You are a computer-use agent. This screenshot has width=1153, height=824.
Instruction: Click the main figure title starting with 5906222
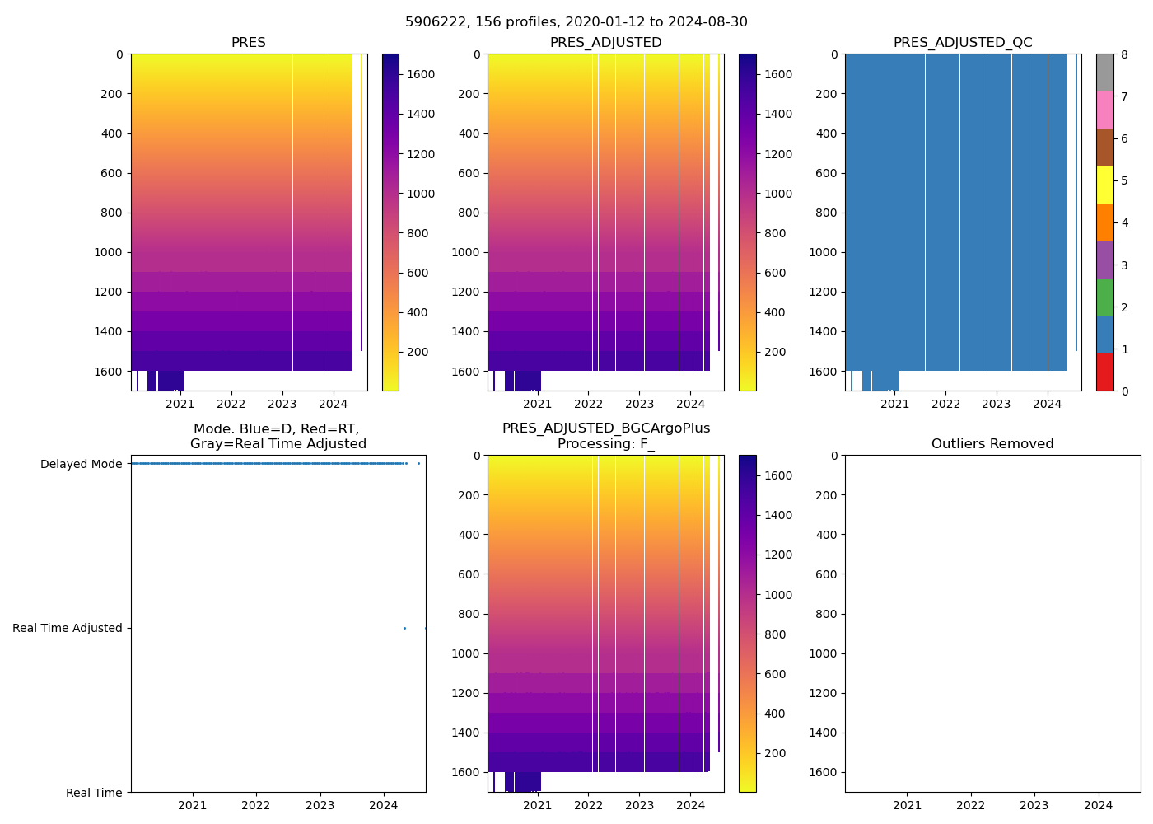(x=576, y=22)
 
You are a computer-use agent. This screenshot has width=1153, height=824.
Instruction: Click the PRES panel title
(x=248, y=43)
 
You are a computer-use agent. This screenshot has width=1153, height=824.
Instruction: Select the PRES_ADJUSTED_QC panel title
(x=963, y=43)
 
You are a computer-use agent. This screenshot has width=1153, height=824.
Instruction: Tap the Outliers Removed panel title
(x=992, y=444)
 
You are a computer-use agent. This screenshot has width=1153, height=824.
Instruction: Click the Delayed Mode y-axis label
(x=81, y=464)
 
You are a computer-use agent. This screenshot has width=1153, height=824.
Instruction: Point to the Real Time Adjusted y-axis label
(x=68, y=628)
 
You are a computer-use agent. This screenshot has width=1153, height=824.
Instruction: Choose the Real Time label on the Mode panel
(x=94, y=793)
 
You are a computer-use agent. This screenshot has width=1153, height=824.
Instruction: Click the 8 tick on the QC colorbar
(x=1124, y=54)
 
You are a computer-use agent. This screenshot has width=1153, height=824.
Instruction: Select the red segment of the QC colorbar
(x=1104, y=372)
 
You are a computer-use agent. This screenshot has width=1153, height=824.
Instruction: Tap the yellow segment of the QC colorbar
(x=1104, y=185)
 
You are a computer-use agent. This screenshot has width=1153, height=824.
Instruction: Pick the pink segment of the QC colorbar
(x=1104, y=110)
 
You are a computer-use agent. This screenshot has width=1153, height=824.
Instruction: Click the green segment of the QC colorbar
(x=1104, y=297)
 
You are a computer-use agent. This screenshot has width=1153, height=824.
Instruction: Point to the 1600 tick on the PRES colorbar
(x=420, y=74)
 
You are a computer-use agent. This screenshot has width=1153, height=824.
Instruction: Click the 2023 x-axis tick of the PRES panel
(x=282, y=404)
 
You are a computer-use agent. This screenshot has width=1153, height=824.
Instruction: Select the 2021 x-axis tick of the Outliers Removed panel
(x=908, y=805)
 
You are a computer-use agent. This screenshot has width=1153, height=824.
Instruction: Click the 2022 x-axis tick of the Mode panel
(x=256, y=805)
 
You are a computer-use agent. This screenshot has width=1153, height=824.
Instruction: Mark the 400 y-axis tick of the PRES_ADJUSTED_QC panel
(x=826, y=133)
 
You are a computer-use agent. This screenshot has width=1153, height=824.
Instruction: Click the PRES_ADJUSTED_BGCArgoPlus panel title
(x=606, y=436)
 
